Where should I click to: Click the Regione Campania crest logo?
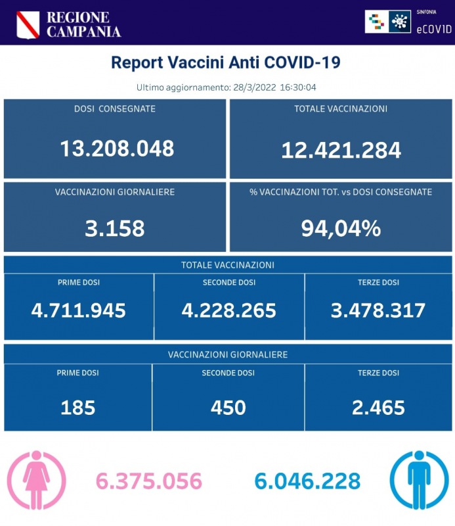[27, 24]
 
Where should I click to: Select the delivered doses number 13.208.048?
[117, 149]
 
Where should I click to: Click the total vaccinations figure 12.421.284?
[341, 151]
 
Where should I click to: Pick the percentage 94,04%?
[341, 228]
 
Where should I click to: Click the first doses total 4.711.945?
[79, 310]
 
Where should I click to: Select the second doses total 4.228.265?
[229, 310]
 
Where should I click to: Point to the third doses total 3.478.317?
[379, 310]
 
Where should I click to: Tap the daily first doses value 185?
[78, 408]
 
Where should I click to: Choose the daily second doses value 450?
[228, 408]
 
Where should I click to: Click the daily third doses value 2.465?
[378, 408]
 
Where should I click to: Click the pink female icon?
[36, 480]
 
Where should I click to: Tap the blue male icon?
[419, 480]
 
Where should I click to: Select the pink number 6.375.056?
[149, 481]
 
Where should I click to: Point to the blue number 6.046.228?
[307, 481]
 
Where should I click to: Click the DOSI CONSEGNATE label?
[115, 108]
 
